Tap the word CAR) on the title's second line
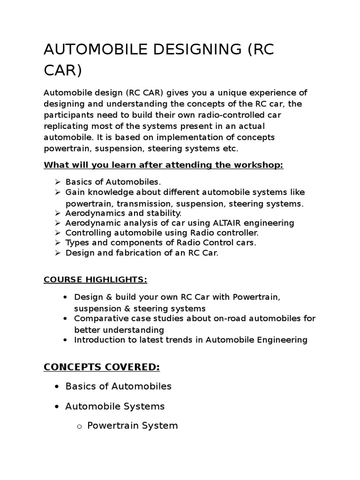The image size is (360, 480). (x=63, y=71)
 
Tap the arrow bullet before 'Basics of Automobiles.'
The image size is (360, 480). (x=58, y=181)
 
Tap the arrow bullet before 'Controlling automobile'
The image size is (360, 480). (x=58, y=232)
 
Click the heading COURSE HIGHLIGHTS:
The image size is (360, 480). (x=95, y=280)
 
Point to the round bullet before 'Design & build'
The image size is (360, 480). (x=66, y=297)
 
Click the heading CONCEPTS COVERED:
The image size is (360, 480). (x=102, y=367)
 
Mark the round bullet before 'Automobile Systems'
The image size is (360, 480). (x=57, y=406)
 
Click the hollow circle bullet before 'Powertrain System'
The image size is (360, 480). (x=79, y=427)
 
